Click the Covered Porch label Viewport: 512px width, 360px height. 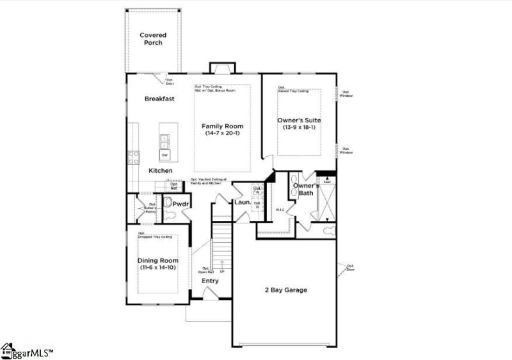pos(153,39)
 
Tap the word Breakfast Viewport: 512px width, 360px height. pos(159,99)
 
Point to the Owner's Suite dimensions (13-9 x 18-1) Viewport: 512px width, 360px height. pos(298,127)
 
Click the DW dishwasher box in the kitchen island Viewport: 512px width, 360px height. pos(164,155)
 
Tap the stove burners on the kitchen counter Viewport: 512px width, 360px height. pos(134,157)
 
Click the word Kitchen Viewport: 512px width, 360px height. pos(160,171)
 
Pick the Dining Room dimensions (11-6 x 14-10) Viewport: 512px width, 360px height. pos(157,268)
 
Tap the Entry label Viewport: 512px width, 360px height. pos(210,281)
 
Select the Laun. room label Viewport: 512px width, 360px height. pos(242,203)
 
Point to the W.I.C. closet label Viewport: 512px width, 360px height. pos(280,209)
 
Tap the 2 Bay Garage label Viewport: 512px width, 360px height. pos(286,290)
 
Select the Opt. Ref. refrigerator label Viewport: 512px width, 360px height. pos(173,186)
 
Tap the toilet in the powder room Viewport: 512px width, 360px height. pos(168,204)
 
